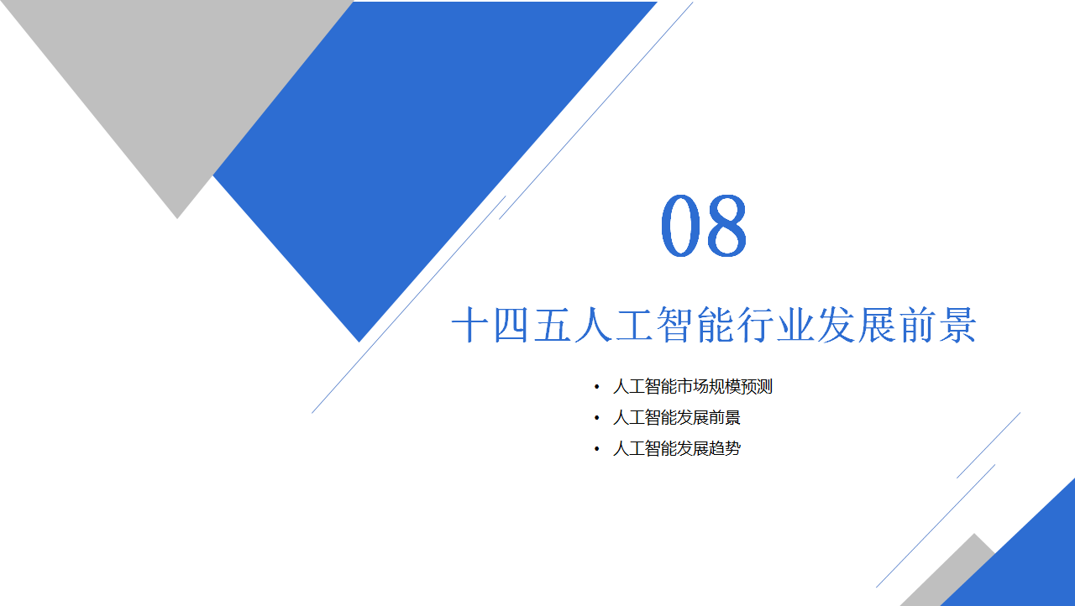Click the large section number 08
tap(704, 225)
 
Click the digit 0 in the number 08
tap(680, 225)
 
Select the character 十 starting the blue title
tap(470, 325)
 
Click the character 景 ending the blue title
tap(958, 325)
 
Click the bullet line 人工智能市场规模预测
tap(693, 386)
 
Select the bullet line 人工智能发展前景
tap(677, 418)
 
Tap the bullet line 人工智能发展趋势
tap(677, 449)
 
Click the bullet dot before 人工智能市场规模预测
tap(596, 386)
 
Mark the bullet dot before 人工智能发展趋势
tap(596, 449)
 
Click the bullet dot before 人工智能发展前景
tap(596, 418)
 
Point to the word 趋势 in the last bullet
tap(725, 449)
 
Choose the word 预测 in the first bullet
tap(757, 386)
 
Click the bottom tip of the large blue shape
tap(359, 342)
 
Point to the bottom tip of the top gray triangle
tap(177, 218)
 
